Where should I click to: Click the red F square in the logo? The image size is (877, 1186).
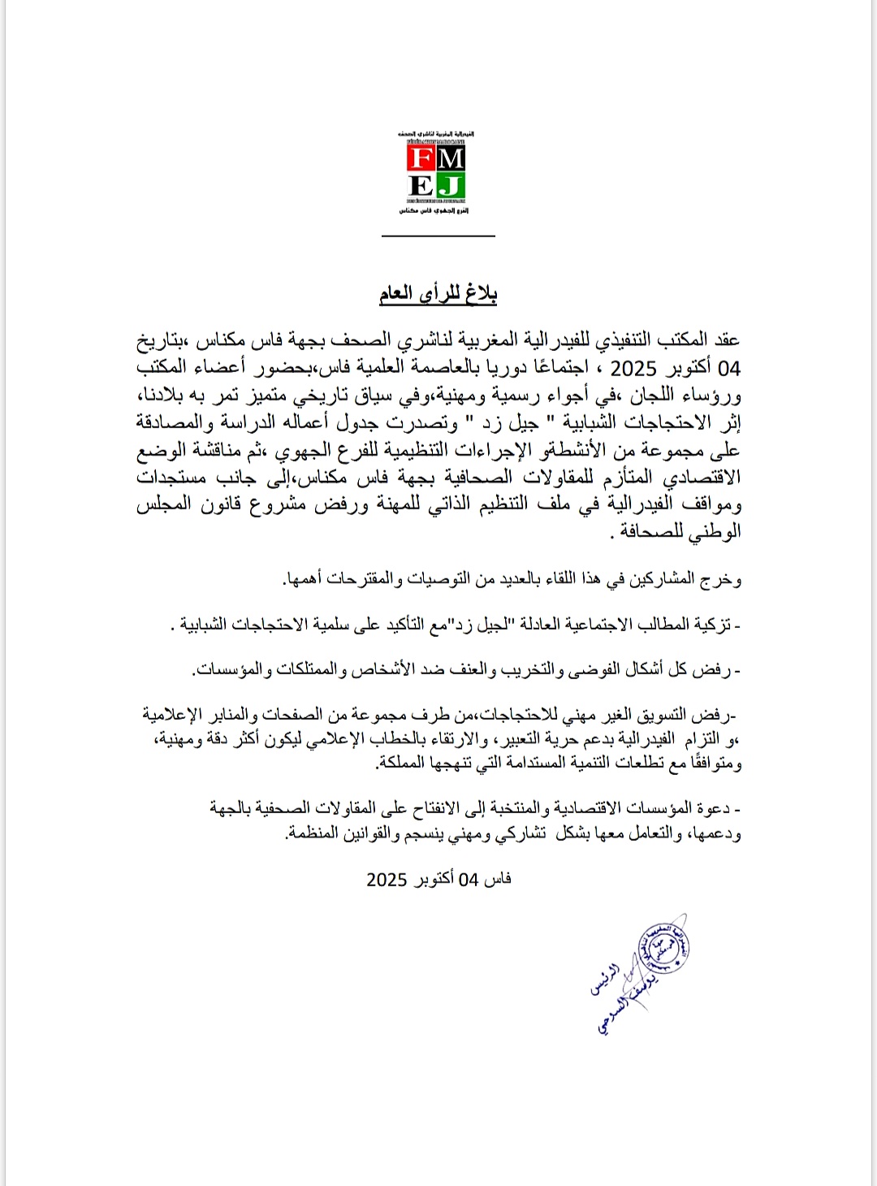point(421,158)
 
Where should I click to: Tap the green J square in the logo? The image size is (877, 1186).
point(451,186)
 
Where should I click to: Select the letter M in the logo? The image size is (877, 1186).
point(451,158)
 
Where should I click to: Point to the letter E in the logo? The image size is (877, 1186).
point(421,186)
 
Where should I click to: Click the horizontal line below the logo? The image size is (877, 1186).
point(438,236)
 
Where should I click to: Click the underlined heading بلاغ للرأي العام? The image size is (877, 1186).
point(438,293)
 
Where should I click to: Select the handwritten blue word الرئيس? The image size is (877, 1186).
point(605,980)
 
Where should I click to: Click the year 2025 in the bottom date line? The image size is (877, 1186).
point(387,880)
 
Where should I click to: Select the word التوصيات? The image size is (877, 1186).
point(438,578)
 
